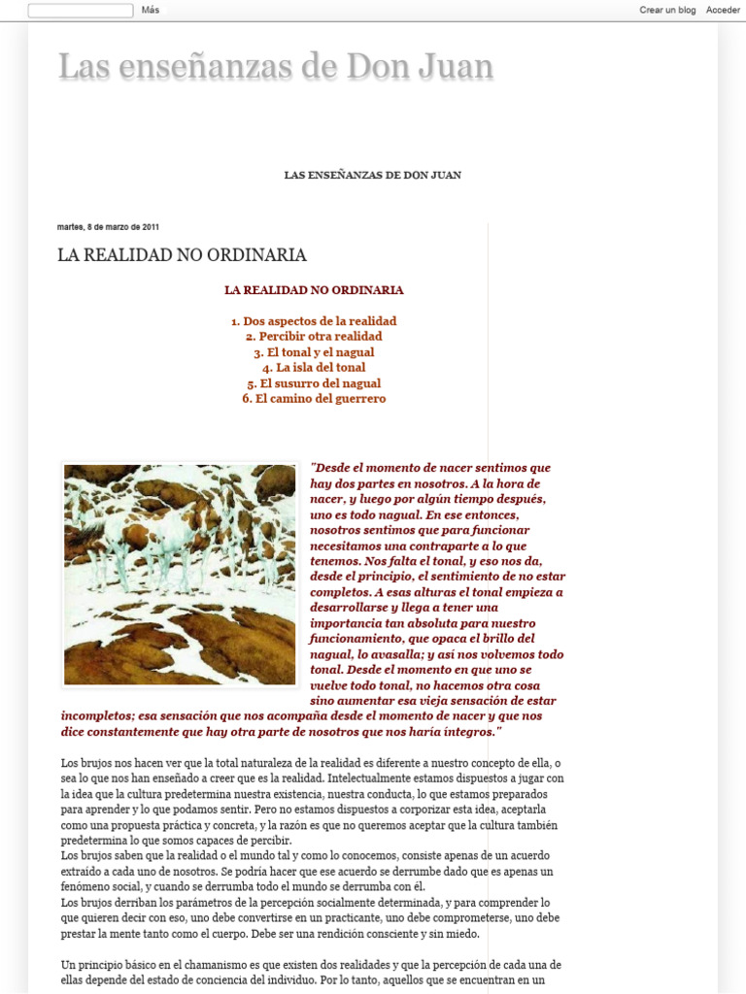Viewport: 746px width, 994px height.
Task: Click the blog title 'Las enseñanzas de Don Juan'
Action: click(275, 67)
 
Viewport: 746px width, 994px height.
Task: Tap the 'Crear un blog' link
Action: click(667, 10)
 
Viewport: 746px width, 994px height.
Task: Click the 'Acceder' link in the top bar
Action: click(723, 10)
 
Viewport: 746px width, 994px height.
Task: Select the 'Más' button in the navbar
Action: click(150, 10)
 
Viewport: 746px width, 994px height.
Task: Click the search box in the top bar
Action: click(81, 11)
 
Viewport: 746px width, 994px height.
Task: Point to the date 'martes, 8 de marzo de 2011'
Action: click(108, 227)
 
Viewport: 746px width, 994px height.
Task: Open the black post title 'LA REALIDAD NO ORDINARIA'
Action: click(182, 255)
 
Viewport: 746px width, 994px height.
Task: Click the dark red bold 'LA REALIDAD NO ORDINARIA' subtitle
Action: click(314, 290)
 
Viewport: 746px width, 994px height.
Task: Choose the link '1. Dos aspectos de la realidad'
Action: click(314, 321)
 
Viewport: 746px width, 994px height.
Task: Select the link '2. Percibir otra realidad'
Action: click(314, 337)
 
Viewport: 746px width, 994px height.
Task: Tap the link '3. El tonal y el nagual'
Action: click(314, 352)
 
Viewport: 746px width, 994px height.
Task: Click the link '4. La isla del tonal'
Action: click(314, 368)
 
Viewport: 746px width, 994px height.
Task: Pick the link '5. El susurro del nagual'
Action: click(314, 383)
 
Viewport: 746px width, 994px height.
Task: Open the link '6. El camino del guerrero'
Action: click(314, 399)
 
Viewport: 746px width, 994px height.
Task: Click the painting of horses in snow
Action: click(180, 574)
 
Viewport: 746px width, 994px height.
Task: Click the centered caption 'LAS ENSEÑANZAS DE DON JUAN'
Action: click(372, 175)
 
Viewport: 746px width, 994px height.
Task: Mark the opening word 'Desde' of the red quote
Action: click(332, 468)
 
